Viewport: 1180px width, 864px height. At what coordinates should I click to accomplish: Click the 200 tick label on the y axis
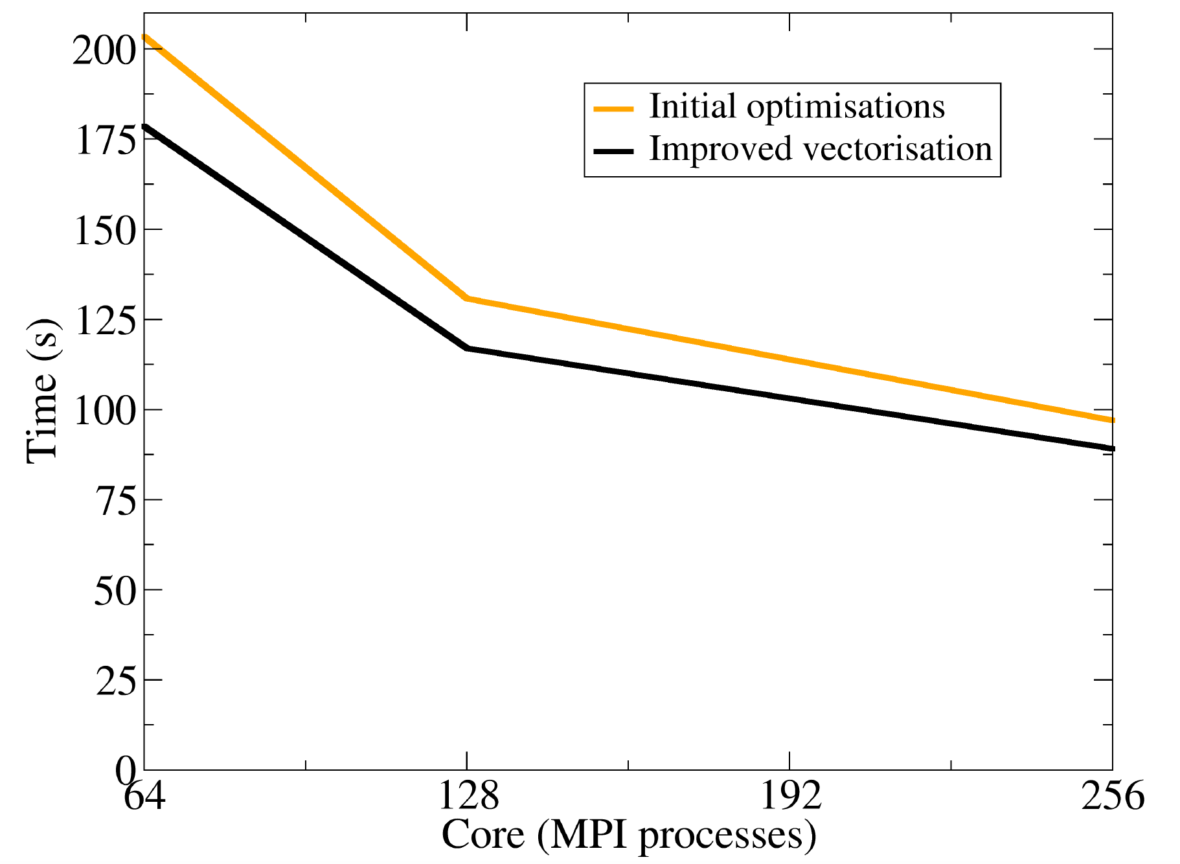pos(104,50)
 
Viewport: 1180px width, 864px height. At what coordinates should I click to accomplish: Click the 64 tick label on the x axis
pos(144,795)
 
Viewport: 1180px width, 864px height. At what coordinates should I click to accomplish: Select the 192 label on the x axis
pos(790,795)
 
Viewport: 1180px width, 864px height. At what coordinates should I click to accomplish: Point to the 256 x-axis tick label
pos(1113,795)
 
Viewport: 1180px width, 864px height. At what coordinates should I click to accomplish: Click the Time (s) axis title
pos(43,391)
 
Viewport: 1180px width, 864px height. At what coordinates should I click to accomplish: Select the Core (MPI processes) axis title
pos(628,836)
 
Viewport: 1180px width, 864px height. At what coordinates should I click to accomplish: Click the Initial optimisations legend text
pos(797,107)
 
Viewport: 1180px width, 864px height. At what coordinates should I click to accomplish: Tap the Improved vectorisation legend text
pos(821,149)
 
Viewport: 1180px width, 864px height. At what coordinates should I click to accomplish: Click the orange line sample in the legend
pos(613,109)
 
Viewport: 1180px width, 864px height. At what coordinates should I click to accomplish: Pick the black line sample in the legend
pos(613,151)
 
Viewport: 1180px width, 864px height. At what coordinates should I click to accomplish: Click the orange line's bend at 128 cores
pos(466,299)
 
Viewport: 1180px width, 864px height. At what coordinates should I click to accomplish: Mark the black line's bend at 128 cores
pos(466,348)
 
